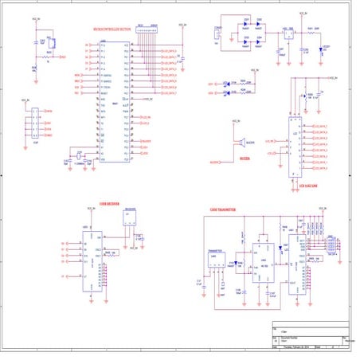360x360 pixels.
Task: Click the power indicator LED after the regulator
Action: click(324, 49)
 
